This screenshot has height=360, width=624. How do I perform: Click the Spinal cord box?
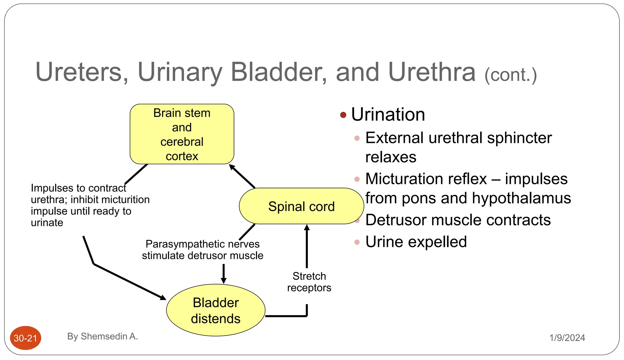coord(301,206)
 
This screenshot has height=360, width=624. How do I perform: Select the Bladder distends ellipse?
coord(215,310)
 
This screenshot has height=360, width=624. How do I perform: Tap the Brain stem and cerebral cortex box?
coord(182,134)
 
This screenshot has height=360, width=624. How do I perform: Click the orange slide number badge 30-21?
coord(25,338)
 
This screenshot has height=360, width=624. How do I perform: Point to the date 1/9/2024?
coord(567,338)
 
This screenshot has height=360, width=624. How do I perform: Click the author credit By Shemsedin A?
coord(102,336)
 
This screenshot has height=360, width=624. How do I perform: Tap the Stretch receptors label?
coord(309,282)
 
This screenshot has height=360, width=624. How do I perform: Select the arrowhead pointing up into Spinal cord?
coord(307,228)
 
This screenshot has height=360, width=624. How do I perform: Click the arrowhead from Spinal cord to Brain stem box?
coord(232,167)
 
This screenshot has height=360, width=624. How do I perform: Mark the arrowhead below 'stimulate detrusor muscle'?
coord(224,280)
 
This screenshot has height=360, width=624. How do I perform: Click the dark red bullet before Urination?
coord(343,115)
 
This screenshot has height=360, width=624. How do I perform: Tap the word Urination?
coord(388,115)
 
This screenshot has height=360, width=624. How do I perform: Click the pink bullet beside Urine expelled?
coord(357,242)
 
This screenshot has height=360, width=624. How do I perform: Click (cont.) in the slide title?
coord(511,75)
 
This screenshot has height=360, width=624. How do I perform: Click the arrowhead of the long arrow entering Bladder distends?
coord(163,298)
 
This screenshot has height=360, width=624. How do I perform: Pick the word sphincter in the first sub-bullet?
coord(519,138)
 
